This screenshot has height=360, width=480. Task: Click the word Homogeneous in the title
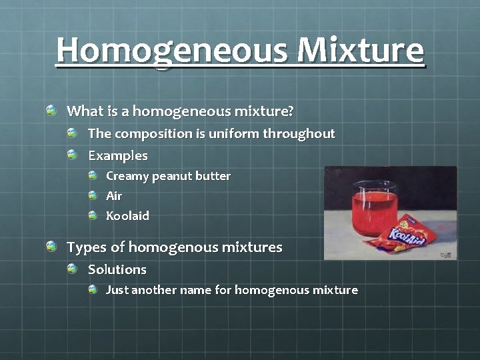pos(172,50)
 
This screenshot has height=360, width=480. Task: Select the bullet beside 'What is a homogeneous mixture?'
pos(52,109)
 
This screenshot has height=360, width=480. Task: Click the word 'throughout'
pos(299,133)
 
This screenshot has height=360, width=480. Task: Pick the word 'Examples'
pos(118,155)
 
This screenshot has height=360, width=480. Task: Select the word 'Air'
pos(114,196)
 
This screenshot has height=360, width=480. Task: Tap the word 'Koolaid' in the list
pos(127,216)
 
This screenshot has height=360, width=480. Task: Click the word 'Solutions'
pos(117,269)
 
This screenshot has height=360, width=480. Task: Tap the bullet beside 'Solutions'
pos(73,269)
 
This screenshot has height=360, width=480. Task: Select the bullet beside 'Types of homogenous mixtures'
pos(52,247)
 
